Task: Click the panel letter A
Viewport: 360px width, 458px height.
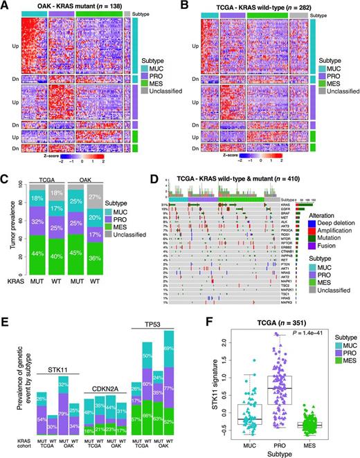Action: coord(6,6)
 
